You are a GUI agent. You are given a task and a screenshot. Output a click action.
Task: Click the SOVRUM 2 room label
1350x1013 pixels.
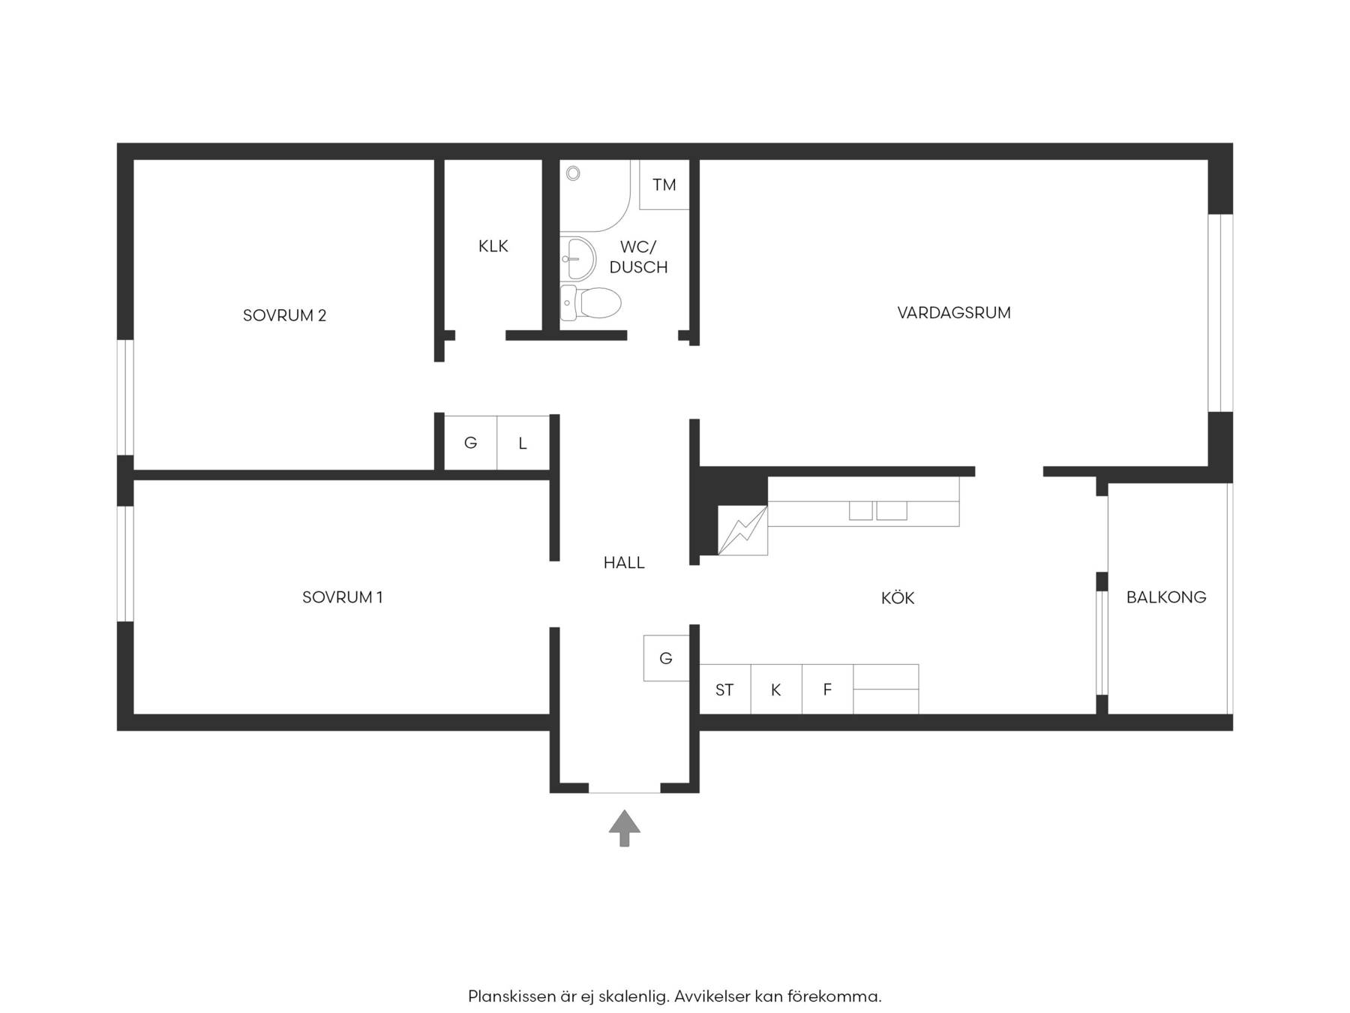coord(284,315)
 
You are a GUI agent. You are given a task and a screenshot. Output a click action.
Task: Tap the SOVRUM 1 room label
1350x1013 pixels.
coord(342,597)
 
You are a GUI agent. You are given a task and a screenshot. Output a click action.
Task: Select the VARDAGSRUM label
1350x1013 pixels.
coord(954,313)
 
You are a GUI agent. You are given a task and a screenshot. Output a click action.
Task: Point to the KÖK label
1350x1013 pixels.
coord(898,597)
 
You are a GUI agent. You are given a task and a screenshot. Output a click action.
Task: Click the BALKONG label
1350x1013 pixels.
coord(1166,597)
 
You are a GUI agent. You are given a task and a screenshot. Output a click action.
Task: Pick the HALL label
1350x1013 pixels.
coord(624,563)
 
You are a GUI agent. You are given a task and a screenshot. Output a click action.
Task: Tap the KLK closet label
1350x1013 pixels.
coord(493,246)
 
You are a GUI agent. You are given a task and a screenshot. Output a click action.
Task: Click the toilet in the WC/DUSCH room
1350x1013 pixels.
coord(590,303)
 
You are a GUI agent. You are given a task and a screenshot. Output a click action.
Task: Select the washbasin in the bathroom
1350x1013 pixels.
coord(577,258)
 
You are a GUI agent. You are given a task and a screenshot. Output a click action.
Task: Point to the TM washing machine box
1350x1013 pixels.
coord(664,185)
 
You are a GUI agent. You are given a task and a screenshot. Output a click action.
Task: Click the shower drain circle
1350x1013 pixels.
coord(573,173)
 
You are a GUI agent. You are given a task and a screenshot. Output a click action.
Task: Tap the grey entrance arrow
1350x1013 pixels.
coord(624,828)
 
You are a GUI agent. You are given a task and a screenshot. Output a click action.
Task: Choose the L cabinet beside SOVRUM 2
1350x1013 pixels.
coord(523,443)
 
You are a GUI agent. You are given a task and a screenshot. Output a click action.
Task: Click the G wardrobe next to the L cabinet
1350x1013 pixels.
coord(470,443)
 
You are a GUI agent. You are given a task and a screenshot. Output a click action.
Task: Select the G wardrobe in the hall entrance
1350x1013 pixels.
coord(666,658)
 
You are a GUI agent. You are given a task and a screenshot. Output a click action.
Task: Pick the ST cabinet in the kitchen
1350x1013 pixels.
coord(724,690)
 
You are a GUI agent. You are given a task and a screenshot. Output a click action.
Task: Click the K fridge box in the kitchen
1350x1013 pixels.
coord(776,690)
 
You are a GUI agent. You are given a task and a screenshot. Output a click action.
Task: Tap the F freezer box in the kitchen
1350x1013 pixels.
coord(827,690)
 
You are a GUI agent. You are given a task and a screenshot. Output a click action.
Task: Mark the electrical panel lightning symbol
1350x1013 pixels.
coord(742,531)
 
